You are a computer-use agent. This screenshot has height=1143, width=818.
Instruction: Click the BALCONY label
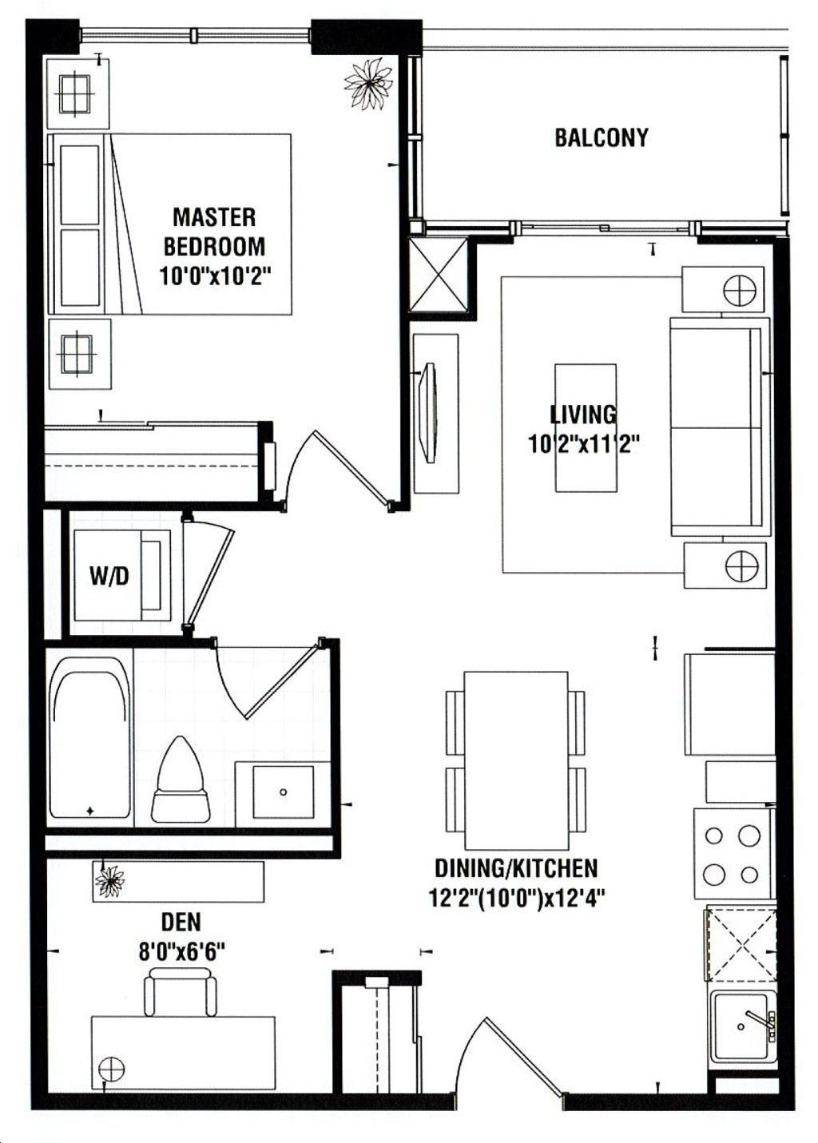pyautogui.click(x=602, y=137)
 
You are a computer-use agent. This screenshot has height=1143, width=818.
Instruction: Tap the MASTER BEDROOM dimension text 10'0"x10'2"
pyautogui.click(x=214, y=276)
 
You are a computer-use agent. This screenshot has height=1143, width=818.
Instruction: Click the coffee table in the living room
pyautogui.click(x=586, y=427)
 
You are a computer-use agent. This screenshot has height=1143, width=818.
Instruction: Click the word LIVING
pyautogui.click(x=583, y=415)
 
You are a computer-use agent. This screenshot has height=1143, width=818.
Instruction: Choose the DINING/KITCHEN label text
pyautogui.click(x=516, y=868)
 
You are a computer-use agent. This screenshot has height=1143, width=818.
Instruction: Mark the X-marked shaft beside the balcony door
pyautogui.click(x=439, y=275)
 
